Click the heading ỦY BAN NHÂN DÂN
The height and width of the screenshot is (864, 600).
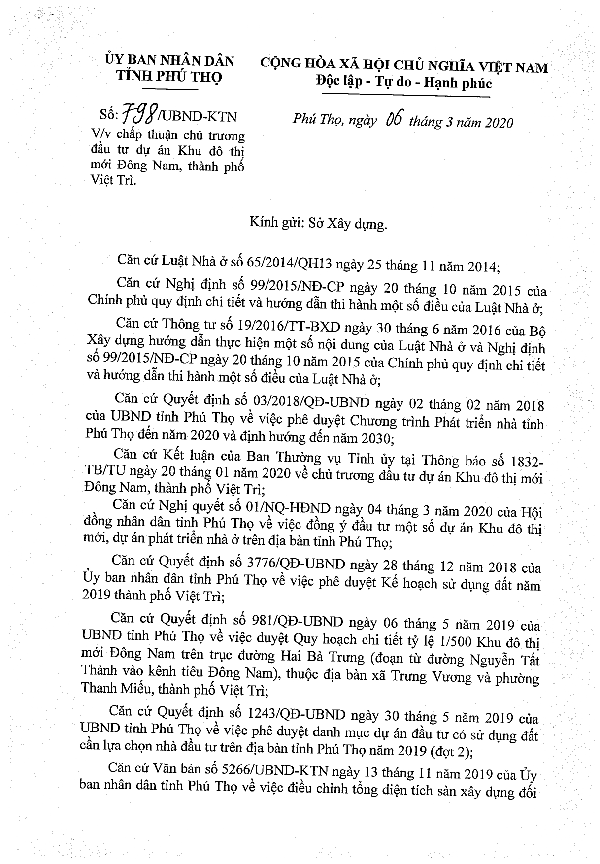click(x=169, y=61)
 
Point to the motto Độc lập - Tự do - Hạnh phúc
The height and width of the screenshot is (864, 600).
click(x=403, y=83)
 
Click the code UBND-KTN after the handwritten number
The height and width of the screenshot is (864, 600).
click(x=199, y=117)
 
